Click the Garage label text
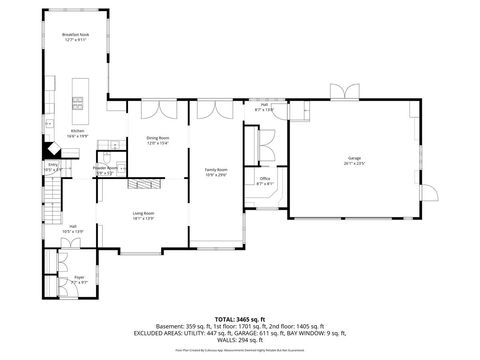pos(354,158)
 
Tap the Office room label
pos(265,180)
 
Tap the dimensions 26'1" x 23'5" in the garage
pos(354,163)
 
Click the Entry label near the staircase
pos(52,165)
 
